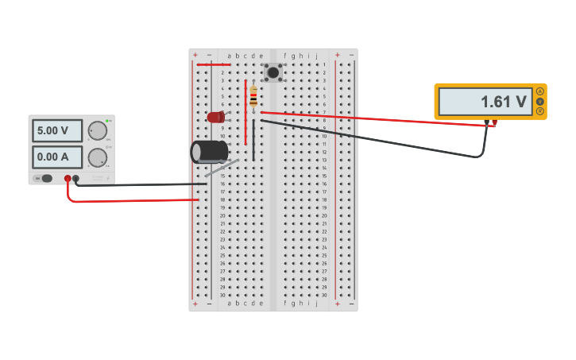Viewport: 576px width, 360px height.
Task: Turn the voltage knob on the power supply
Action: click(x=97, y=130)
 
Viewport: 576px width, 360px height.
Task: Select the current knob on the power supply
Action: click(x=97, y=157)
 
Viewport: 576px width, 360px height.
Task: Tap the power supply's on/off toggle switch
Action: click(x=46, y=178)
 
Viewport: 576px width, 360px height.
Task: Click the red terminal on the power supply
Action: click(x=68, y=179)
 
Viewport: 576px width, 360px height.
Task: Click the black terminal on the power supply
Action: click(x=75, y=179)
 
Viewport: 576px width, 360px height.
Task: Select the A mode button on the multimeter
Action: click(x=540, y=91)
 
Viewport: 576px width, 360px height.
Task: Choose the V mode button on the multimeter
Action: click(x=540, y=102)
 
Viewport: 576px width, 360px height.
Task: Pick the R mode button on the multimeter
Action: click(x=540, y=111)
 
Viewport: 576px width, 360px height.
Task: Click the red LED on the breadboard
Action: click(x=215, y=118)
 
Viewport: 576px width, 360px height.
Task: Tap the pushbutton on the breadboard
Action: click(x=273, y=72)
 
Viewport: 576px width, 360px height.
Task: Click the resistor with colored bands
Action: click(x=253, y=96)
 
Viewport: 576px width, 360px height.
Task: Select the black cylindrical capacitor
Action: click(x=209, y=151)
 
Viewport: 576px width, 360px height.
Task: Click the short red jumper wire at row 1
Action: click(x=214, y=64)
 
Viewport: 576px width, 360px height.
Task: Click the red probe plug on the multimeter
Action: click(x=494, y=123)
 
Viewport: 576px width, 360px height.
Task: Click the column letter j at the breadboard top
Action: click(x=316, y=56)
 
